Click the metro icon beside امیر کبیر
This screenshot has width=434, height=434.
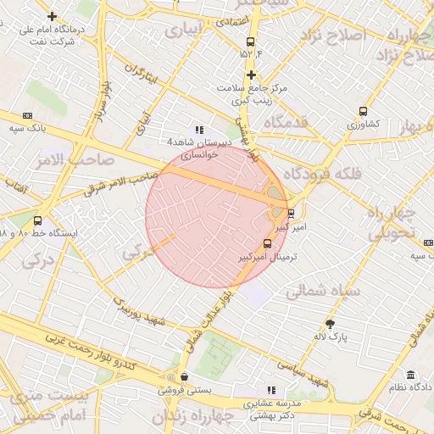[292, 213]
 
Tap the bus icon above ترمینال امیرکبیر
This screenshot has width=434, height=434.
[268, 244]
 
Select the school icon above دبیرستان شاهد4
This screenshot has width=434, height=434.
[199, 130]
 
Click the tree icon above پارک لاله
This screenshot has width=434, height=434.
[330, 323]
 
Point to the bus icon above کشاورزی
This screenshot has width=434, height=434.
[364, 111]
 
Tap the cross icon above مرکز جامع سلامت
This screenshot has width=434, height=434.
[251, 75]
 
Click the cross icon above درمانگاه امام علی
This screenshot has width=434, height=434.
[53, 16]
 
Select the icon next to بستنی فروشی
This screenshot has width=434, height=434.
[184, 377]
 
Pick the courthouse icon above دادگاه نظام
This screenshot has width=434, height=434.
[410, 376]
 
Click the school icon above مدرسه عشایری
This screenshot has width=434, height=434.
[271, 389]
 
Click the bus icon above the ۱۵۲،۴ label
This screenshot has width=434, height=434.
[250, 42]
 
